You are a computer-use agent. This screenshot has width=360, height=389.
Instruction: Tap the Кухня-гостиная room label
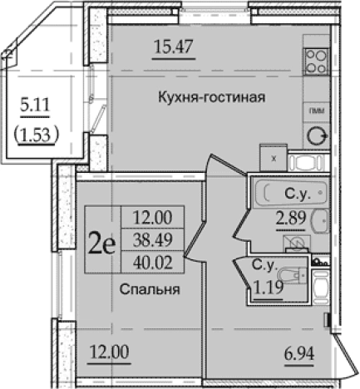tap(211, 97)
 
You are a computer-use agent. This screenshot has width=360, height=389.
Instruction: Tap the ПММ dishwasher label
tap(316, 111)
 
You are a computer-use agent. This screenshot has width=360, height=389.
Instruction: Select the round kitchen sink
tap(316, 135)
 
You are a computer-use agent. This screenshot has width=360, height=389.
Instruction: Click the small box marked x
tap(273, 155)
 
